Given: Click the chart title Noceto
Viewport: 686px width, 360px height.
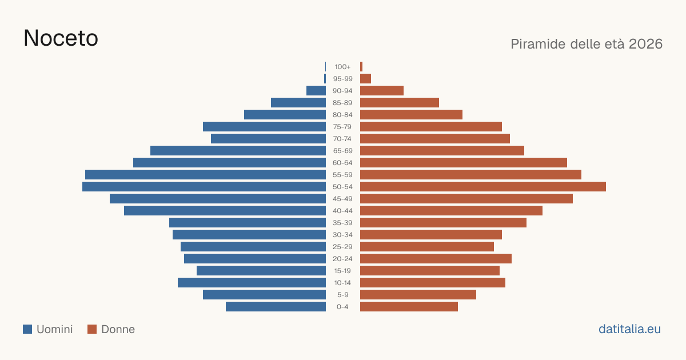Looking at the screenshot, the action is (61, 38).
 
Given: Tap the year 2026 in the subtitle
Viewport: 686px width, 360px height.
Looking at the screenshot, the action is (645, 44).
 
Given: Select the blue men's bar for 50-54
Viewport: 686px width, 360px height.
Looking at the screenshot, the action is (204, 187).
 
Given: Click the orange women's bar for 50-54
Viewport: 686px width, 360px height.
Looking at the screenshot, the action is (483, 187).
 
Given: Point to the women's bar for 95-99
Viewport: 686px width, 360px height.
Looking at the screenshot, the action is (365, 79).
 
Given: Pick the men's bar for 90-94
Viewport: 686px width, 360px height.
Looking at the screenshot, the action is (316, 91).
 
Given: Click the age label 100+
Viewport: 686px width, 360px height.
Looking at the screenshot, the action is (342, 67).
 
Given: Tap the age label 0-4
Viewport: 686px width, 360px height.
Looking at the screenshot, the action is (342, 307).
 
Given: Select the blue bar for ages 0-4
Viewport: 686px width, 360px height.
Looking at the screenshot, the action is (276, 307).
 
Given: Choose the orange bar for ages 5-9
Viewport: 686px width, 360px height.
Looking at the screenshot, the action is (418, 295).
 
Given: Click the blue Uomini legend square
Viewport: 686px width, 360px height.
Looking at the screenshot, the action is (27, 329).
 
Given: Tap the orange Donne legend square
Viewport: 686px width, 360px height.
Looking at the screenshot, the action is (92, 329).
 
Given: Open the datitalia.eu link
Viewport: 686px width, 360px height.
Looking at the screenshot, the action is (629, 329).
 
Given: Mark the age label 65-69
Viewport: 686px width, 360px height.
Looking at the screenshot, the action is (342, 151).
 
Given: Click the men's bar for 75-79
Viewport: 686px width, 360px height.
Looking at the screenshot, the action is (264, 127).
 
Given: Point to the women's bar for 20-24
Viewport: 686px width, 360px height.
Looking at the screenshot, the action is (436, 259).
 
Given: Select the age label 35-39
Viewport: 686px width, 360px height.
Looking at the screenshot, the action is (342, 223).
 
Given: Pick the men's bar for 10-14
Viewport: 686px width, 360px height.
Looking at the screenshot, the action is (252, 282).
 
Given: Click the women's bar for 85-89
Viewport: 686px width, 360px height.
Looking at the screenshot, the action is (400, 102).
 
